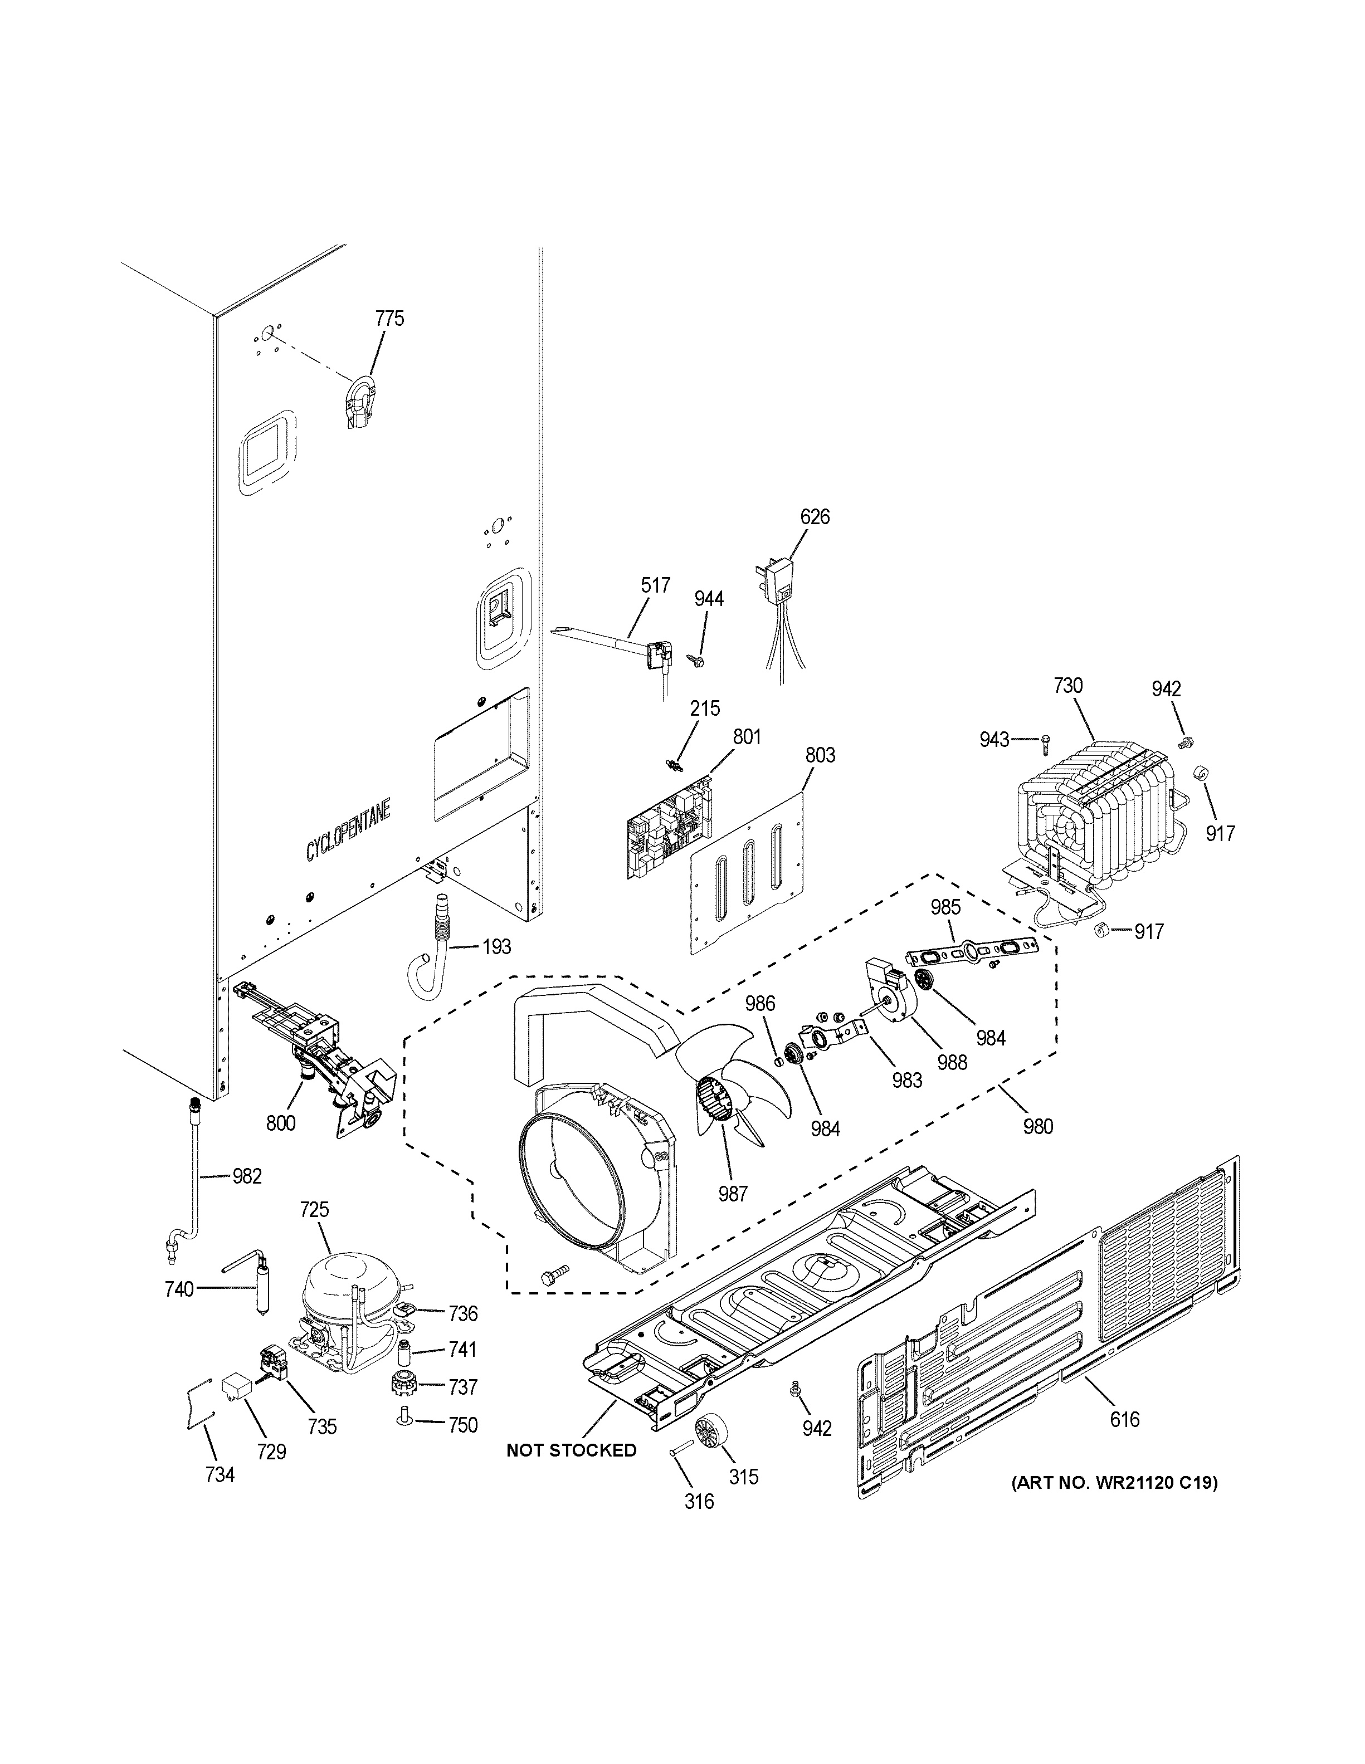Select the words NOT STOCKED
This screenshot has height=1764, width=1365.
(571, 1450)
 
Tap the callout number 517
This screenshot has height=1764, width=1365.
(655, 585)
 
